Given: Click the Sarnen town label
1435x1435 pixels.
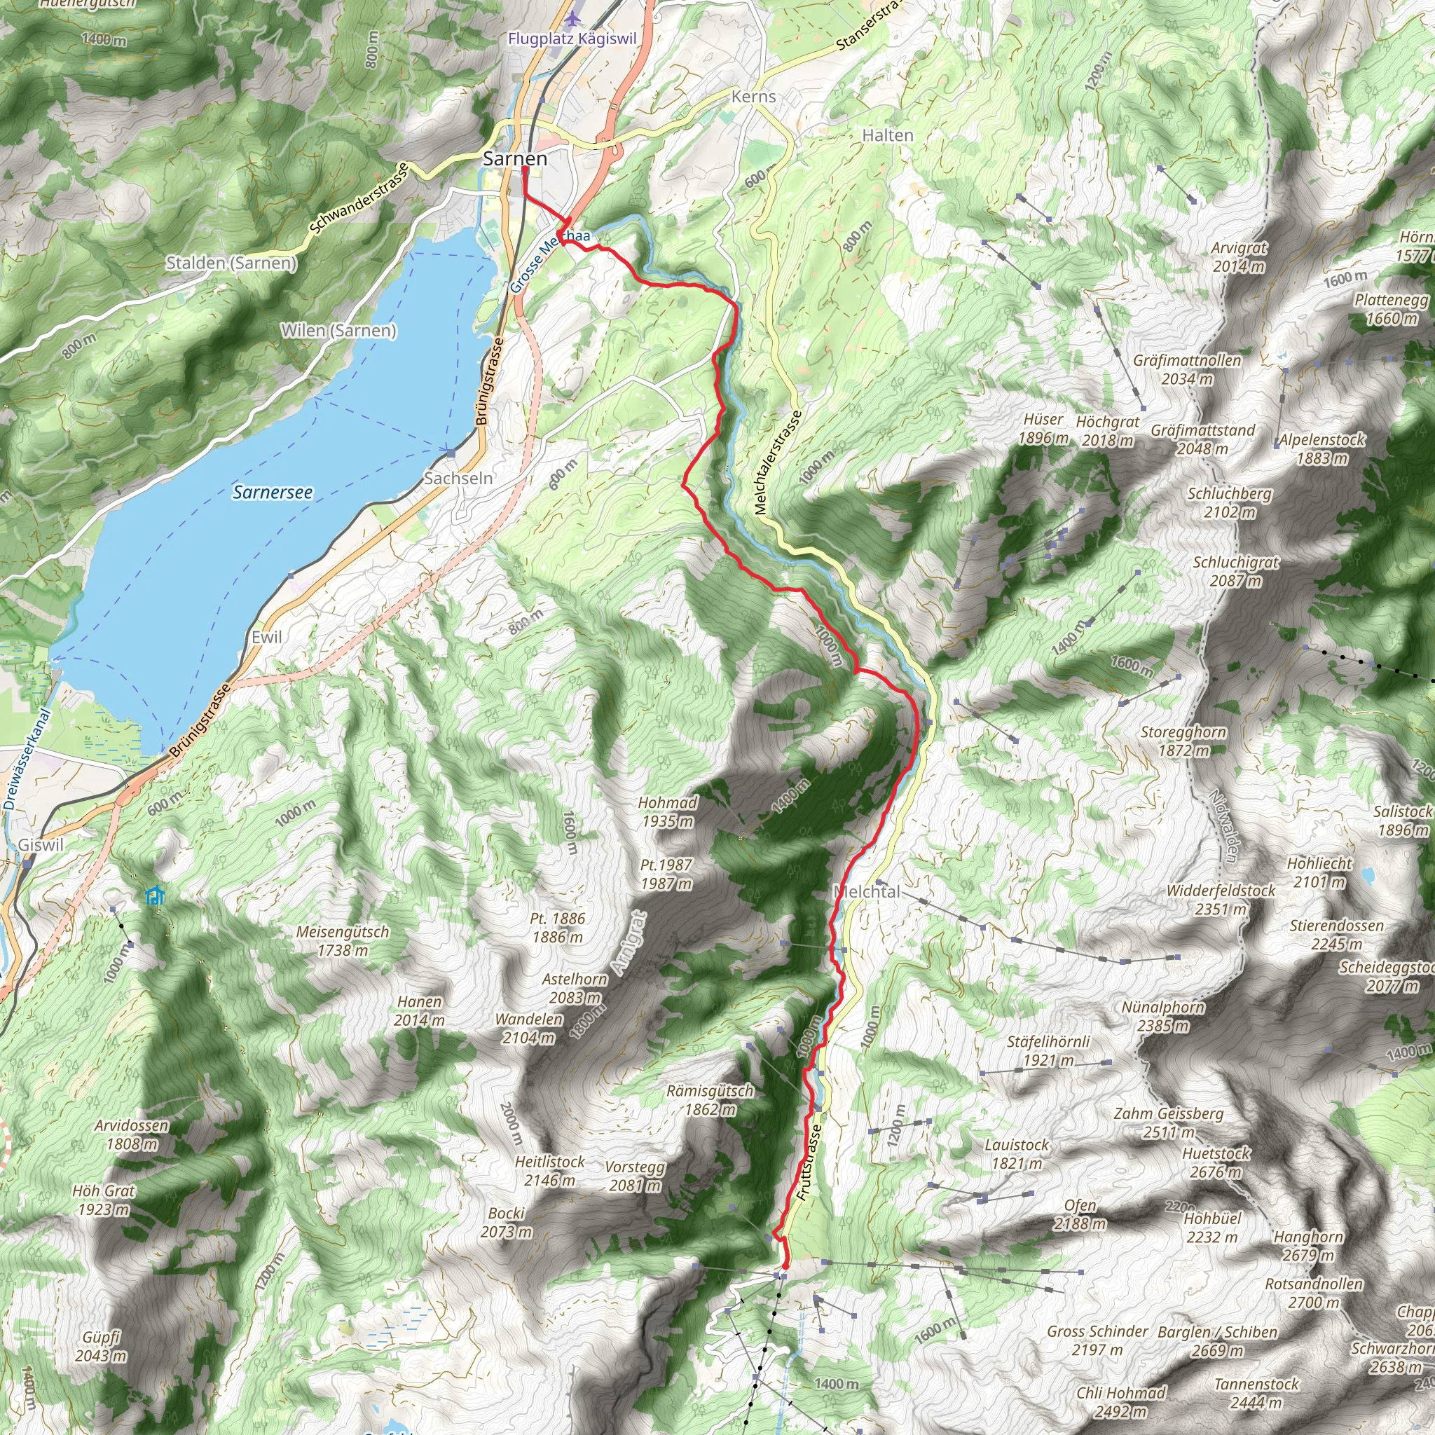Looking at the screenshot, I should point(515,158).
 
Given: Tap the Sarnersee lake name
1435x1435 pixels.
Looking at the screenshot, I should point(273,492).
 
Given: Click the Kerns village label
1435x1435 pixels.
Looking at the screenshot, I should point(753,97).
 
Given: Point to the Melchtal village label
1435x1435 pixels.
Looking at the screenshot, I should point(867,891).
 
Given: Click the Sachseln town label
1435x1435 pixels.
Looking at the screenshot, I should point(458,479).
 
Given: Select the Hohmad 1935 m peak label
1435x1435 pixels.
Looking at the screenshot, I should point(667,811).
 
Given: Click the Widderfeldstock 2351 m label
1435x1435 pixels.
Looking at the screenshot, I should point(1221,899).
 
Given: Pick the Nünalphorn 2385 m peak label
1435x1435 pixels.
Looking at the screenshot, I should point(1163,1016).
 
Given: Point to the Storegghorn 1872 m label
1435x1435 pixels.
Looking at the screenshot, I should point(1183,741).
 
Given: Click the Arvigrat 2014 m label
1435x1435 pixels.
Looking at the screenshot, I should point(1239,256).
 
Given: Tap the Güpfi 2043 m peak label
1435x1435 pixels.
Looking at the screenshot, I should point(101,1346).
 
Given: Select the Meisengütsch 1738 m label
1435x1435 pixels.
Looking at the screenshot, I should point(343,940).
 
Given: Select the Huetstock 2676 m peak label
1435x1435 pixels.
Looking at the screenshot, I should point(1216,1162).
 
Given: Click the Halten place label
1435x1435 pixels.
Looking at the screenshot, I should point(888,135).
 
